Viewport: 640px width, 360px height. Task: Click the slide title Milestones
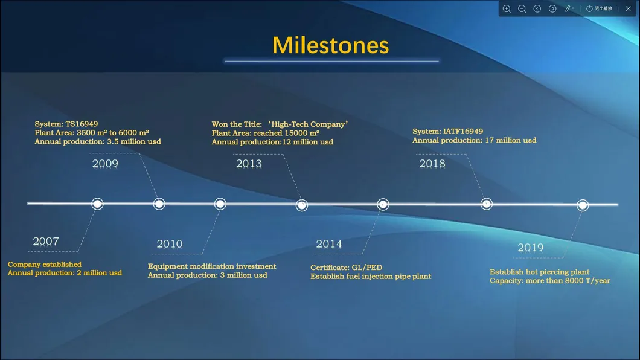pyautogui.click(x=330, y=45)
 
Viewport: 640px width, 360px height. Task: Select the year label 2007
pyautogui.click(x=46, y=242)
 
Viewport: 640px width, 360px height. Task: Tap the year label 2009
pyautogui.click(x=105, y=164)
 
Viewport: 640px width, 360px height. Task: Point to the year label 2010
pyautogui.click(x=170, y=244)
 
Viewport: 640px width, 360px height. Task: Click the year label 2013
pyautogui.click(x=249, y=164)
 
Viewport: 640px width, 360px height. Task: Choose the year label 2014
pyautogui.click(x=329, y=244)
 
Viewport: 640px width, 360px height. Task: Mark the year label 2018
pyautogui.click(x=432, y=164)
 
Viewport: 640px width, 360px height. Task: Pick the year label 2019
pyautogui.click(x=530, y=248)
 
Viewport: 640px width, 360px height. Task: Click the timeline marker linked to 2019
pyautogui.click(x=583, y=205)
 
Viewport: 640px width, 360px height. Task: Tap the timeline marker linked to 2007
pyautogui.click(x=97, y=204)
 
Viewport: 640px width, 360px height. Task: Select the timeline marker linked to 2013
pyautogui.click(x=302, y=205)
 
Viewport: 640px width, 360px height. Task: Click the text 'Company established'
pyautogui.click(x=45, y=265)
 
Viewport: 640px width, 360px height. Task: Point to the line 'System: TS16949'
pyautogui.click(x=66, y=124)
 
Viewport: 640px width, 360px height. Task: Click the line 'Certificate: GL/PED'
pyautogui.click(x=347, y=268)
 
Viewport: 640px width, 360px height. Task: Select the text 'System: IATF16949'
pyautogui.click(x=448, y=132)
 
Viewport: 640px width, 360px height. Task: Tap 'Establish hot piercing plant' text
pyautogui.click(x=540, y=272)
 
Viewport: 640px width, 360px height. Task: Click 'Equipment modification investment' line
pyautogui.click(x=212, y=266)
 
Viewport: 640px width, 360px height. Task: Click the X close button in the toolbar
pyautogui.click(x=628, y=8)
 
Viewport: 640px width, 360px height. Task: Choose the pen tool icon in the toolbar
pyautogui.click(x=568, y=8)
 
